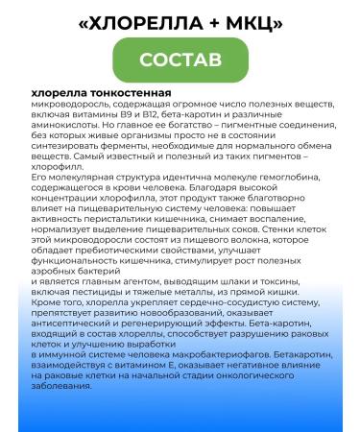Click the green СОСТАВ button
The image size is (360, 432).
[180, 60]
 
